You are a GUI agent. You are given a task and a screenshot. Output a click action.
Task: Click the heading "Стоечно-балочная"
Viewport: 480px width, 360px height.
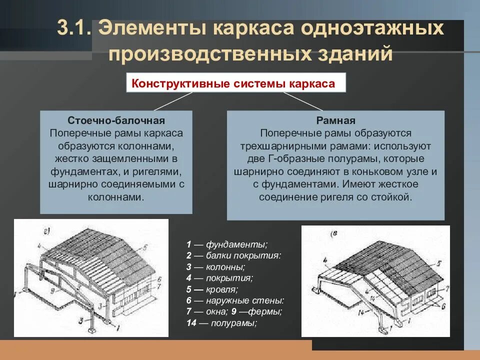point(116,120)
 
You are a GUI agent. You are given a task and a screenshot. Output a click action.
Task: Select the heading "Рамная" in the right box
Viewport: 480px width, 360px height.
point(335,120)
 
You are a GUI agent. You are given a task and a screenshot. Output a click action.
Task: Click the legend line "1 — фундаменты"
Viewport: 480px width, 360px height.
point(227,244)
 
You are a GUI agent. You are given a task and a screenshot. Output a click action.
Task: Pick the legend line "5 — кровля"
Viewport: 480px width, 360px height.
point(212,289)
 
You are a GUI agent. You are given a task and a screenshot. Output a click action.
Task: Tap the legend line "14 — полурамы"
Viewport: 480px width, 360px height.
point(221,322)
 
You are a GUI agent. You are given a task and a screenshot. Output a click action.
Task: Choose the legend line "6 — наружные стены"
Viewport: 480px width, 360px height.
point(235,300)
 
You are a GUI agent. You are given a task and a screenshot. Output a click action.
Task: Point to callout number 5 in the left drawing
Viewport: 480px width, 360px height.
point(144,246)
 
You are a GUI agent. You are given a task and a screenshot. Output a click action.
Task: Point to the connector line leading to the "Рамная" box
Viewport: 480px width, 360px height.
point(302,101)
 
